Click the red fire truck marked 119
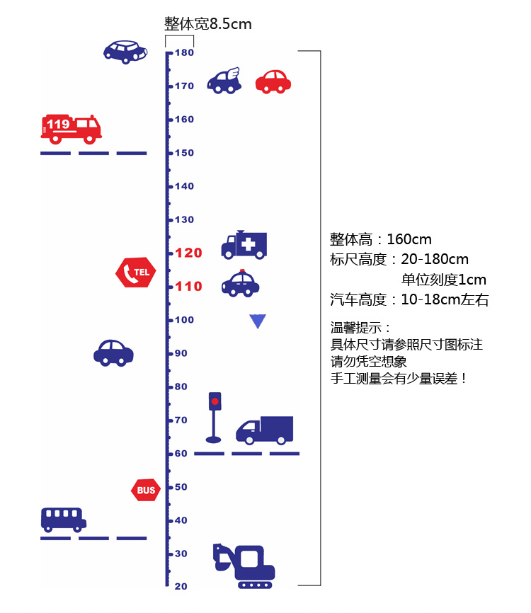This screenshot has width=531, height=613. coord(71,128)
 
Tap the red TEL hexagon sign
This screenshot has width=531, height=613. coord(135,272)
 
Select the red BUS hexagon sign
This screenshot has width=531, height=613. coord(146,490)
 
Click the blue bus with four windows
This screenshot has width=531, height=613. coord(63,520)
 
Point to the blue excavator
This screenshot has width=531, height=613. coord(244,566)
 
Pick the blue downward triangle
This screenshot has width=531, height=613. coord(257,321)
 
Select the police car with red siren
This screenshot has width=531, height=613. coord(241,283)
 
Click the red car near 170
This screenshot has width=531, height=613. coord(273,81)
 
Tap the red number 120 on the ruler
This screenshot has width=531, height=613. coord(189,253)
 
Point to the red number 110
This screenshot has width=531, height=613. coord(189,287)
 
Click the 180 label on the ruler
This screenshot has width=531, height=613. coord(185,53)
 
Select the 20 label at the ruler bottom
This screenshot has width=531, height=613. coord(181,586)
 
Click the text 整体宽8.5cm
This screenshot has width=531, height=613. coord(208,24)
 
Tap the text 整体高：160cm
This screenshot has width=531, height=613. coord(381,239)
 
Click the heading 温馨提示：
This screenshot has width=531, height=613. coord(360,328)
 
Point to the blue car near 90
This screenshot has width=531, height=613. coord(113,352)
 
